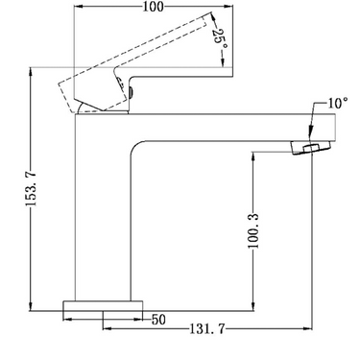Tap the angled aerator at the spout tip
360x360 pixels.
click(x=307, y=146)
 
